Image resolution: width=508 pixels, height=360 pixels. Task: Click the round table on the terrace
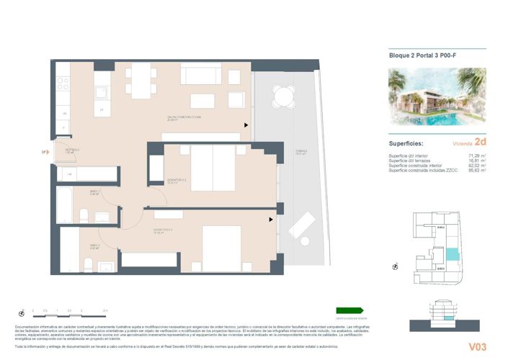(x=285, y=94)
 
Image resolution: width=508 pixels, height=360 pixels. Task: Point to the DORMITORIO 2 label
(x=177, y=180)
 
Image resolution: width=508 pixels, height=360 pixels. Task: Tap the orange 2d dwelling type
(x=481, y=143)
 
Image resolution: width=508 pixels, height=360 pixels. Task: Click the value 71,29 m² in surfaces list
(x=477, y=156)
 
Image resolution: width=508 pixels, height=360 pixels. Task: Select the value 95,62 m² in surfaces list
(x=477, y=171)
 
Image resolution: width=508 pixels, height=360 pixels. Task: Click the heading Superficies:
(x=406, y=143)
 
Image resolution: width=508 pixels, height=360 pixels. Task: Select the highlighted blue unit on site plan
(x=452, y=253)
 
